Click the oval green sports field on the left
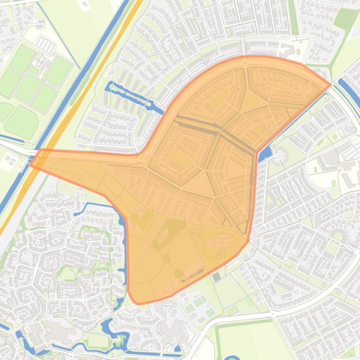[22, 120]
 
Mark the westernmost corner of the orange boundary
[31, 165]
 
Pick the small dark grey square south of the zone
[216, 277]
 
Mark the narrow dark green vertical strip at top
[294, 19]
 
